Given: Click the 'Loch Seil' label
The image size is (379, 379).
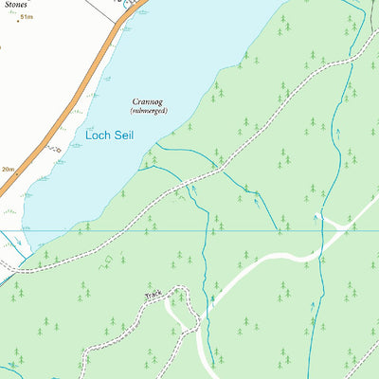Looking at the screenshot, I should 109,135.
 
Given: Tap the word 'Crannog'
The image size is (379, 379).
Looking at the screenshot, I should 149,99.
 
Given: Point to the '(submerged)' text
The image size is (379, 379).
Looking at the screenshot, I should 149,111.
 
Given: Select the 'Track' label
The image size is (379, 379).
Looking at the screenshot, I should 153,296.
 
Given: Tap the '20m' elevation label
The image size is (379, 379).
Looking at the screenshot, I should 8,168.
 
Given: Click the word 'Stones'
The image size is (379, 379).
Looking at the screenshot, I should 15,3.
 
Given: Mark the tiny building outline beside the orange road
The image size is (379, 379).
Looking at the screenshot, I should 57,150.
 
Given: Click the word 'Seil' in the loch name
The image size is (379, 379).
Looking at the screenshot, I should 122,135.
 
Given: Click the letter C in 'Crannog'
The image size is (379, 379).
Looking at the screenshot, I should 135,99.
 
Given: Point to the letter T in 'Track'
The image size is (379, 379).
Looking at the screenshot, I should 146,298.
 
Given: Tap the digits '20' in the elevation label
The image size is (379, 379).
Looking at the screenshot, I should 5,168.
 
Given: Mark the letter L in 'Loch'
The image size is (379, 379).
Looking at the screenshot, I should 88,135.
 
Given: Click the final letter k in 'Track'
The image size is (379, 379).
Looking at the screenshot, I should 161,293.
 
